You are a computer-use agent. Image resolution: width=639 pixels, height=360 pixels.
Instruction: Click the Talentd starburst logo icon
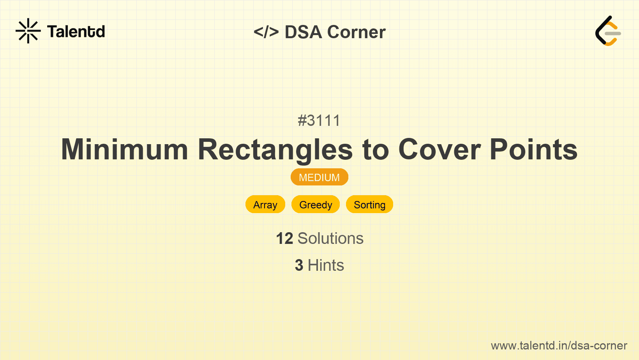(28, 31)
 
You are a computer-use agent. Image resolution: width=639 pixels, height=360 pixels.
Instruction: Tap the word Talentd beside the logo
(76, 32)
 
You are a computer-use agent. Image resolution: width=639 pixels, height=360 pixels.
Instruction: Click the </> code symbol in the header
(266, 32)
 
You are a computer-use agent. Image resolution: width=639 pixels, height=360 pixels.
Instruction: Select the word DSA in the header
(303, 32)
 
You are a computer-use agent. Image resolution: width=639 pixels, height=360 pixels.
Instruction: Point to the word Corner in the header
(356, 32)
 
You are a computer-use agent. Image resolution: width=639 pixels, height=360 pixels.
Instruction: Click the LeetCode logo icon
(608, 31)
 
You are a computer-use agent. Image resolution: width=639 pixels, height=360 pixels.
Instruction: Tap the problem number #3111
(319, 120)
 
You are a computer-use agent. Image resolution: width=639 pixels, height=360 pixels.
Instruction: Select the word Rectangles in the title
(275, 151)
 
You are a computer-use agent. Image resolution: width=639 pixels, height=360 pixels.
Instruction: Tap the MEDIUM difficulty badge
(319, 177)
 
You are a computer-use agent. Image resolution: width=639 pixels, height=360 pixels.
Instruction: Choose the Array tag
(265, 205)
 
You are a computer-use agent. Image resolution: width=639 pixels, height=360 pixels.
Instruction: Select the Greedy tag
(316, 205)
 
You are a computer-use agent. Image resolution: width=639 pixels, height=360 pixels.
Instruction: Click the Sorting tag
(369, 205)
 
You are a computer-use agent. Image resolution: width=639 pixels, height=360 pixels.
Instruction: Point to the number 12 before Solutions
(284, 238)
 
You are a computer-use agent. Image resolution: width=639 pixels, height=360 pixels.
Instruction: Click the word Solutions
(330, 238)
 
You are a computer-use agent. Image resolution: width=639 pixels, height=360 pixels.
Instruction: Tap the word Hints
(326, 265)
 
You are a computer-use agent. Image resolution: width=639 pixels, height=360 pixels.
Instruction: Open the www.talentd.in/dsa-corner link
(559, 346)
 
